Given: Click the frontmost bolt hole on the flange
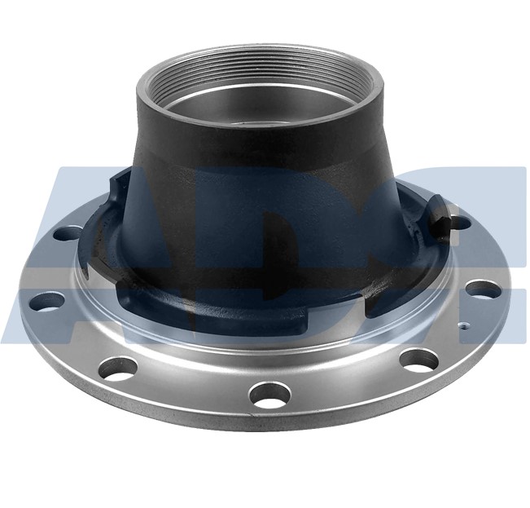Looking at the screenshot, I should pyautogui.click(x=269, y=394).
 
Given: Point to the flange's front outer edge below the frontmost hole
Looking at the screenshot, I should pyautogui.click(x=269, y=424).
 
